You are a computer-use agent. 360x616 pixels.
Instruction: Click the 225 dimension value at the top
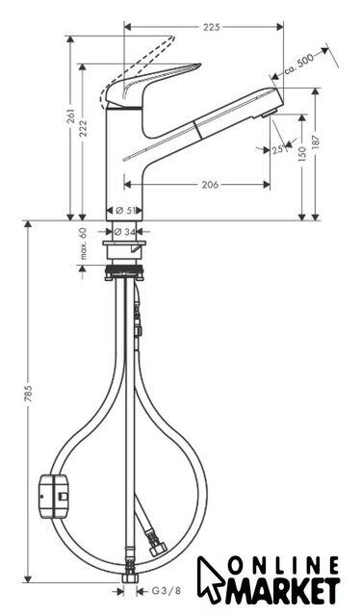[x=212, y=27]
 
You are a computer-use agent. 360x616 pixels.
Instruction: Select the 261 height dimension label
[x=70, y=116]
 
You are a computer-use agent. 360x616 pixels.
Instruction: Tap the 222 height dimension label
[x=83, y=128]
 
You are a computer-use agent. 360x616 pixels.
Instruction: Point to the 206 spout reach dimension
[x=210, y=184]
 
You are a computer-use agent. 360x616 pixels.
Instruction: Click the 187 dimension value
[x=317, y=141]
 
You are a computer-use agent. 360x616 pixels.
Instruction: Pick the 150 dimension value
[x=302, y=154]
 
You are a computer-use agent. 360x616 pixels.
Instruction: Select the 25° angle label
[x=278, y=149]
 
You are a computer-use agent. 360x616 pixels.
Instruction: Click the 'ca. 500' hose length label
[x=298, y=64]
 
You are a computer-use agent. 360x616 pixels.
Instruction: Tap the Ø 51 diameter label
[x=124, y=211]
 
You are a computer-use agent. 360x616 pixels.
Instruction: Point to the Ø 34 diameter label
[x=124, y=232]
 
